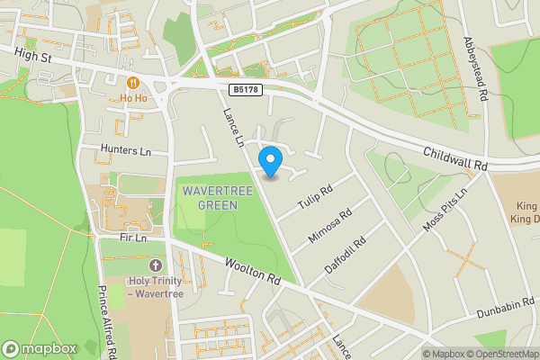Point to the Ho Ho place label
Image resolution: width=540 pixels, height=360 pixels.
(x=133, y=97)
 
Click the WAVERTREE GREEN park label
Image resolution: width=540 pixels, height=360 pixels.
(x=210, y=198)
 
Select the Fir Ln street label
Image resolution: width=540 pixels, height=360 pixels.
(x=133, y=238)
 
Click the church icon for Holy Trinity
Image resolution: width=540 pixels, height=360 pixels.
(x=155, y=265)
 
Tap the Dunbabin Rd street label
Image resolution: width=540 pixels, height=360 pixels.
(x=500, y=306)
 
